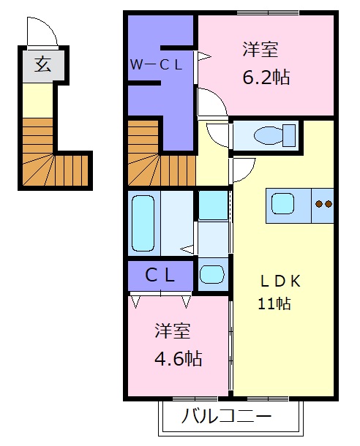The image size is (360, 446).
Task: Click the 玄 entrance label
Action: tap(41, 66)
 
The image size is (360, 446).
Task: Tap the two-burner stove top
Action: tap(323, 203)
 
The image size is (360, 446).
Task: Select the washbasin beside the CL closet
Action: tap(212, 275)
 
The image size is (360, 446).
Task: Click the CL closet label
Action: tap(160, 275)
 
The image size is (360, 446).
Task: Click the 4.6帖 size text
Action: tap(178, 359)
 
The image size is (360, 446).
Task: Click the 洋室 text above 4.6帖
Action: tap(173, 330)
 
